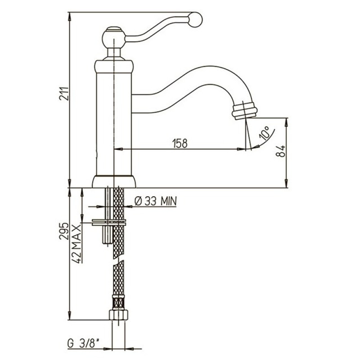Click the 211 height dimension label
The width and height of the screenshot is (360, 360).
pyautogui.click(x=64, y=93)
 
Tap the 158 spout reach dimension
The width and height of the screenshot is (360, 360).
pyautogui.click(x=180, y=143)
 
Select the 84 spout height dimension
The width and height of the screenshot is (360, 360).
pyautogui.click(x=280, y=151)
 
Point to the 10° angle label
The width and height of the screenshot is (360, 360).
pyautogui.click(x=264, y=133)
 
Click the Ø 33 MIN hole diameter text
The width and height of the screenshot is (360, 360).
pyautogui.click(x=155, y=201)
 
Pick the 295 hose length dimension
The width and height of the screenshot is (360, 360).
pyautogui.click(x=64, y=231)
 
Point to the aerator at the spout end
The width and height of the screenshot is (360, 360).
pyautogui.click(x=245, y=110)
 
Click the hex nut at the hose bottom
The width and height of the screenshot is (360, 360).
pyautogui.click(x=118, y=315)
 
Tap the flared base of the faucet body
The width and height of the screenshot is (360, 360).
pyautogui.click(x=114, y=182)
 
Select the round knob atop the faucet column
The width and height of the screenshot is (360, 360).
pyautogui.click(x=113, y=37)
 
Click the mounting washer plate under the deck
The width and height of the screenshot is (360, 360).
pyautogui.click(x=109, y=222)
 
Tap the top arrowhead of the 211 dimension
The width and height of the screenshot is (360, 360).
pyautogui.click(x=70, y=16)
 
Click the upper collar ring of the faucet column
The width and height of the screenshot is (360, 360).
pyautogui.click(x=114, y=67)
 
